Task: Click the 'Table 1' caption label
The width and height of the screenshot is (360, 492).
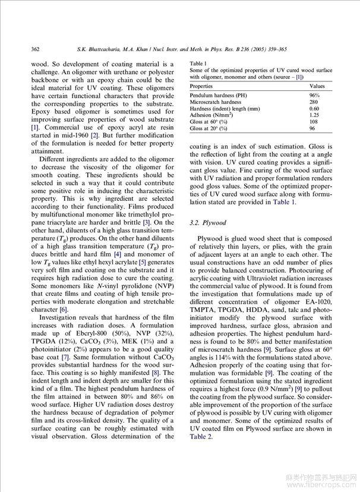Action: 198,63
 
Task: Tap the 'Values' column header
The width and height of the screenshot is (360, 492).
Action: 318,87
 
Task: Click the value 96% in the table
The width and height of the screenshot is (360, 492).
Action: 314,95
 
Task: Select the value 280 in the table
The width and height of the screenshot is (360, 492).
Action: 314,102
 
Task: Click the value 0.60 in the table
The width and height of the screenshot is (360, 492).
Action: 314,109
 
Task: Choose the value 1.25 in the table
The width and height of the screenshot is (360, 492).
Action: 314,115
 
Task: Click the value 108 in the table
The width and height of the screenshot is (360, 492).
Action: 314,122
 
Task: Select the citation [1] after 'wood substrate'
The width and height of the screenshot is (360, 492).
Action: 35,127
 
